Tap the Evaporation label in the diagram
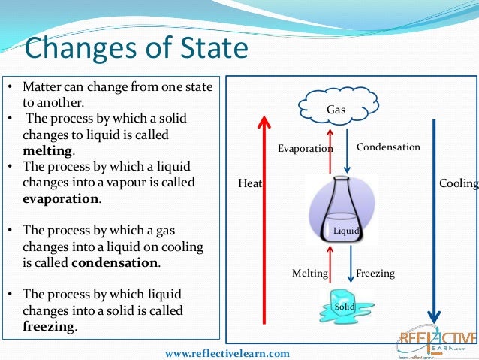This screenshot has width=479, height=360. coord(305,149)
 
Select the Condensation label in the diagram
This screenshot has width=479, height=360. coord(388,147)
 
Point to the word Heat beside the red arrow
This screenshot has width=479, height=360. coord(250,183)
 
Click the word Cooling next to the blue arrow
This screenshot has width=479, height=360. coord(458,183)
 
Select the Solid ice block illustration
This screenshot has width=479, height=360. coord(345,304)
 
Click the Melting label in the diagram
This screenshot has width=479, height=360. coord(310,274)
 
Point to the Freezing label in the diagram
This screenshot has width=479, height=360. coord(375,274)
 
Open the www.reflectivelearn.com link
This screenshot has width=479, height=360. coord(227,352)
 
